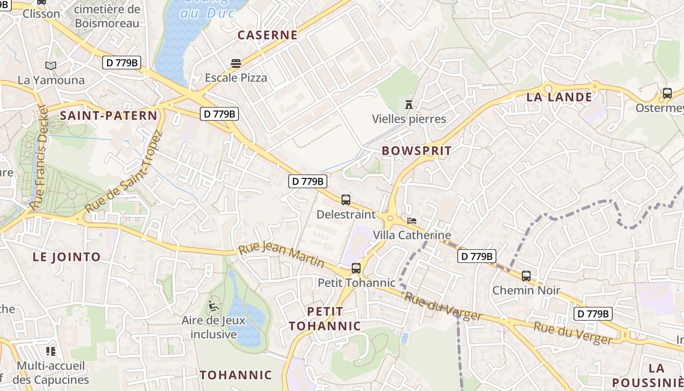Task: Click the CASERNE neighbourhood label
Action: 267,35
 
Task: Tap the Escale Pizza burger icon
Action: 236,63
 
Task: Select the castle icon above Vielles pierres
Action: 409,104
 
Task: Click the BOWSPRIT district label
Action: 417,151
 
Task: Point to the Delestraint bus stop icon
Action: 346,199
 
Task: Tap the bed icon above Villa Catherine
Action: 412,221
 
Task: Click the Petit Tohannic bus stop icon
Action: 356,268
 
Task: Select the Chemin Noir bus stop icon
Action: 526,276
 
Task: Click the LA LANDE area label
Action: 559,97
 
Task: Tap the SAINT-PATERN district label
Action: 108,116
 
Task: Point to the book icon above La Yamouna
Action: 51,65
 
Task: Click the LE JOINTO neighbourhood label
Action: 66,257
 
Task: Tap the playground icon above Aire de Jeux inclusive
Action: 214,306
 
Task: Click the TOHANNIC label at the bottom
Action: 235,375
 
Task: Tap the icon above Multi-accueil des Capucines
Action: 51,351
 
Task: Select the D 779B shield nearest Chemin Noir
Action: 477,256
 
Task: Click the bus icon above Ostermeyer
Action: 667,93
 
